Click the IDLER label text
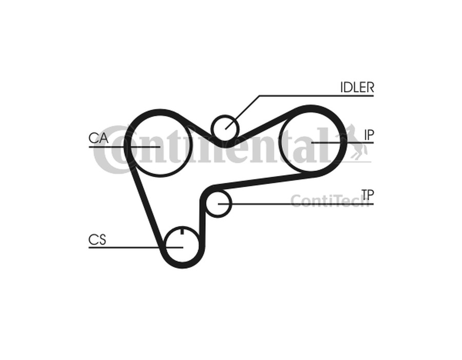tap(357, 87)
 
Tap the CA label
tap(99, 138)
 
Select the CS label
tap(97, 239)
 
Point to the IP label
tap(369, 135)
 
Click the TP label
tap(368, 194)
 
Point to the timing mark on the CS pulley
tap(182, 231)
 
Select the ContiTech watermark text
tap(330, 201)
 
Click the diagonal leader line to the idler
tap(242, 112)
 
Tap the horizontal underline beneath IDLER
tap(316, 96)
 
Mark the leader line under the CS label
tap(136, 247)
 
